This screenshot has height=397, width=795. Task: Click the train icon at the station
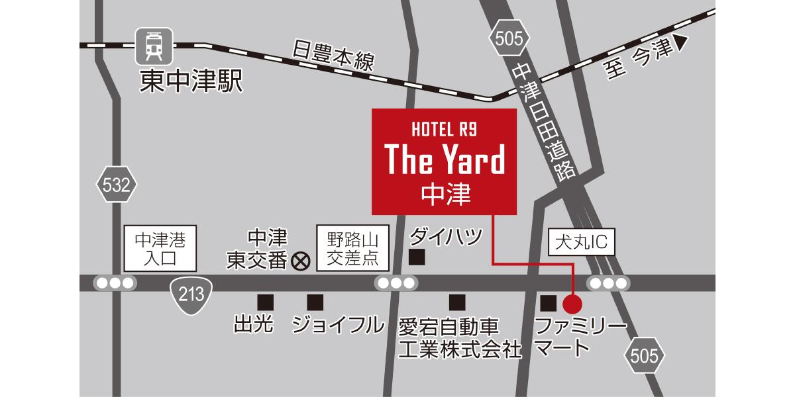pos(154,44)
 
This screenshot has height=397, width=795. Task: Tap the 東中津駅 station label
pos(191,81)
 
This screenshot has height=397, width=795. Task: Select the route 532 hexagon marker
pos(117,185)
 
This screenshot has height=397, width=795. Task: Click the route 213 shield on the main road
pos(191,294)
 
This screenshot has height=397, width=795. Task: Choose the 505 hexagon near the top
pos(509,38)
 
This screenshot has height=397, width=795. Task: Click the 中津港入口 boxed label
pos(160,248)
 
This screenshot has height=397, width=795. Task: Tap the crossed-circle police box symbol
pos(301,261)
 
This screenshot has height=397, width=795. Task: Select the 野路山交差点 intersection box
pos(352,248)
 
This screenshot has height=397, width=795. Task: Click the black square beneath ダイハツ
pos(417,257)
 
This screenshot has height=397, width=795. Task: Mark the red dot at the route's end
pos(572,304)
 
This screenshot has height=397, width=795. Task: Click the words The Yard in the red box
pos(445,159)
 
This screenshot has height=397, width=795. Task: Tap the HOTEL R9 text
pos(444,129)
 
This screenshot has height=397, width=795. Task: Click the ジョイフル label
pos(338,325)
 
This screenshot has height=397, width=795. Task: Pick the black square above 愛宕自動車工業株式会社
pos(457,302)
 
